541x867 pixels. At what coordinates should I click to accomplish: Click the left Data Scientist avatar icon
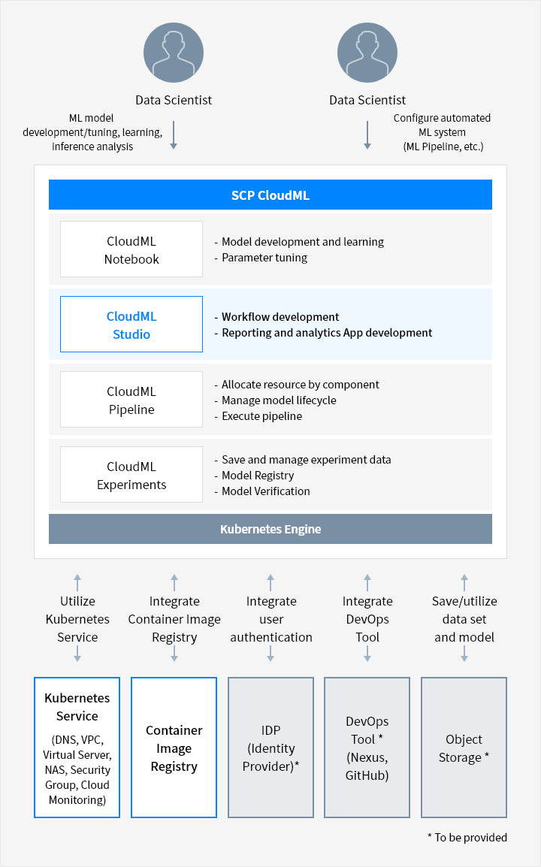(174, 53)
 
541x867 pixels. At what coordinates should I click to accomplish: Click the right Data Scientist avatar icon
(367, 53)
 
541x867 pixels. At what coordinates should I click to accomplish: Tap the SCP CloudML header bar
(270, 195)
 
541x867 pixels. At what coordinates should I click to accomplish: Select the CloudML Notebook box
(131, 249)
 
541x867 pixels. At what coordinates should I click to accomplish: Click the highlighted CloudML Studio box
(131, 325)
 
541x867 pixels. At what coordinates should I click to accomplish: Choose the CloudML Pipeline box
(131, 400)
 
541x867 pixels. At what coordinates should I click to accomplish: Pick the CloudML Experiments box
(131, 475)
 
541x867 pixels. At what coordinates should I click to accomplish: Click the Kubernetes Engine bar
(270, 529)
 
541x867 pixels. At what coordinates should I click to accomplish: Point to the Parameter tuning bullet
(261, 258)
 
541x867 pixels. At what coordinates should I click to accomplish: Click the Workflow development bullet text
(277, 317)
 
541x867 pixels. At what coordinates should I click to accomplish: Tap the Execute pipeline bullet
(258, 416)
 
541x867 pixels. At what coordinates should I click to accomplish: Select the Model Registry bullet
(255, 476)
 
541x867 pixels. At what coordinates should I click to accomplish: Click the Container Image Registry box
(174, 748)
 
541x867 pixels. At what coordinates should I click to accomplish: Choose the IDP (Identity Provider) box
(271, 748)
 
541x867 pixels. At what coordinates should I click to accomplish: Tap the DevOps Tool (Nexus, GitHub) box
(367, 748)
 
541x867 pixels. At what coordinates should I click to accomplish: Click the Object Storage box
(464, 748)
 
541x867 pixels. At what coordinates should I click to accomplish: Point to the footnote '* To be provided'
(467, 838)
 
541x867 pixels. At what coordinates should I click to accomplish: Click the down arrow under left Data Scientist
(174, 135)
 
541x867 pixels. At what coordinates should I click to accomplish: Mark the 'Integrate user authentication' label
(271, 619)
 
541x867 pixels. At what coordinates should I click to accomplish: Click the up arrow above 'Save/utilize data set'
(464, 583)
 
